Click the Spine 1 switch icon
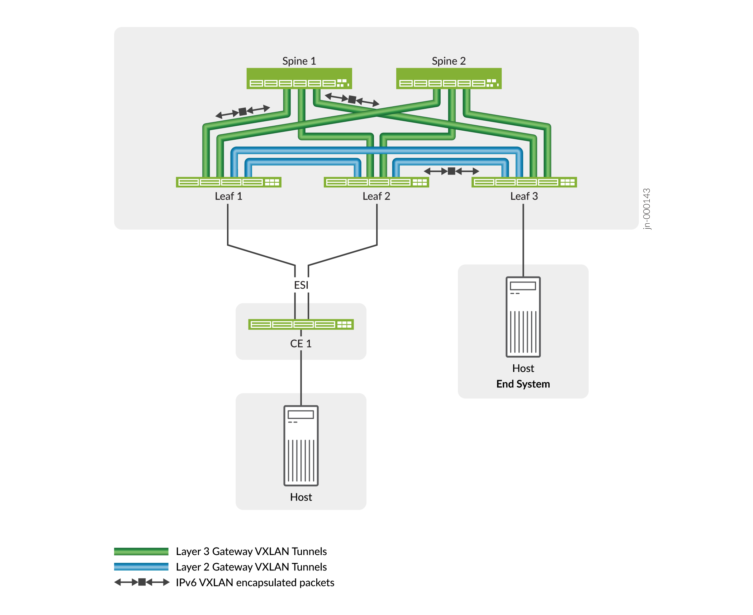[x=299, y=78]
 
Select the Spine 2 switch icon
[x=449, y=78]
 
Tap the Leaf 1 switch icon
[x=228, y=182]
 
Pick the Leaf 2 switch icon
[x=376, y=182]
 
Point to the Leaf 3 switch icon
[x=524, y=182]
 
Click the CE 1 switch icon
[x=301, y=324]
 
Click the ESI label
[x=301, y=285]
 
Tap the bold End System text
[x=523, y=384]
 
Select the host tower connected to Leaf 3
[x=523, y=317]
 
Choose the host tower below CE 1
[x=301, y=446]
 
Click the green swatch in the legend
[x=141, y=551]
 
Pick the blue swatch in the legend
[x=141, y=567]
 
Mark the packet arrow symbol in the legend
[x=142, y=582]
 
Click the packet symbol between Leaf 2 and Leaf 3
[x=451, y=171]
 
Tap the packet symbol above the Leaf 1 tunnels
[x=242, y=111]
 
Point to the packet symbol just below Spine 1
[x=352, y=99]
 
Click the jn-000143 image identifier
[x=647, y=209]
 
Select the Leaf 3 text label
[x=524, y=196]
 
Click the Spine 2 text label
[x=449, y=61]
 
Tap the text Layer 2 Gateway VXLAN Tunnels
[x=251, y=567]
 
